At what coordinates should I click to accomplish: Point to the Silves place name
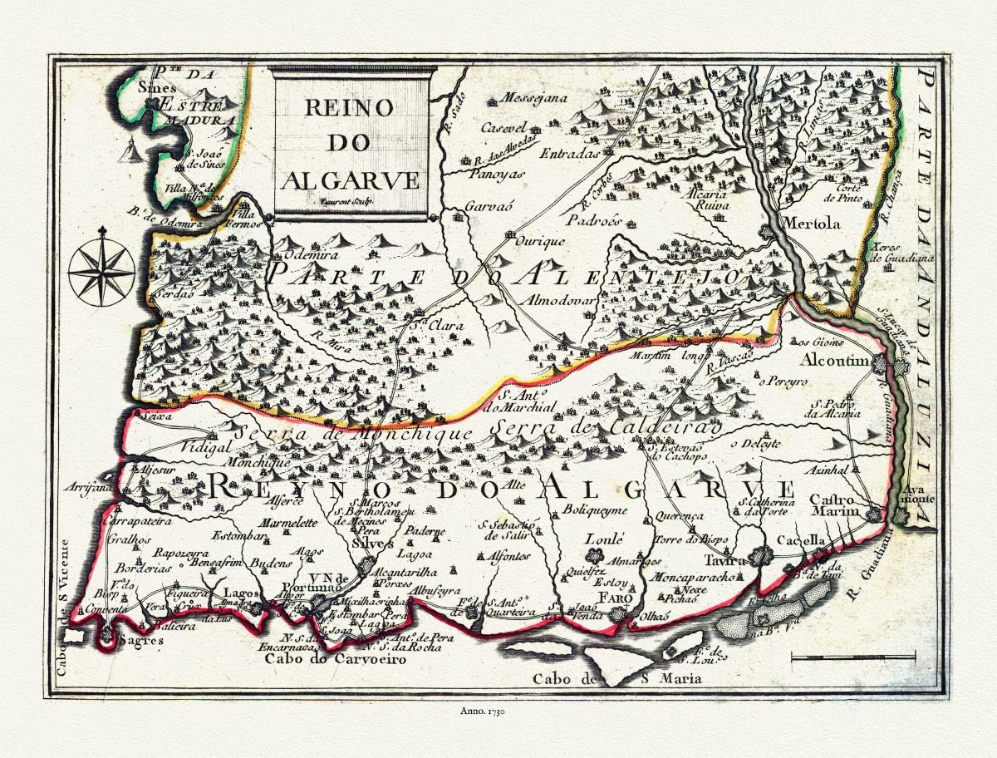[x=372, y=543]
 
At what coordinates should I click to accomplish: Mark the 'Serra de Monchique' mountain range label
[x=353, y=433]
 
